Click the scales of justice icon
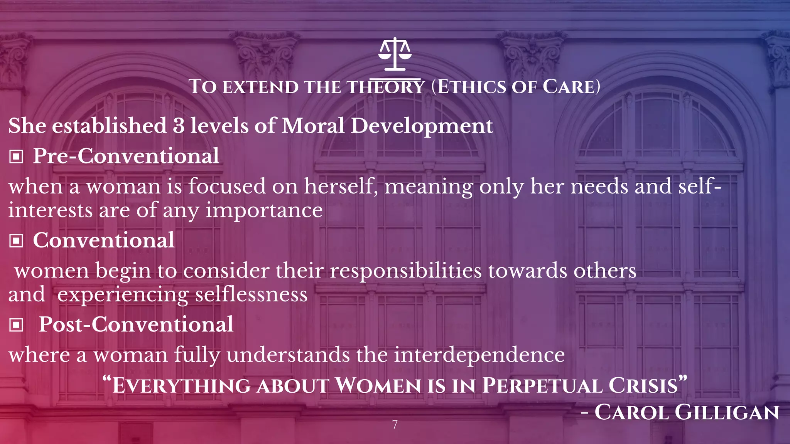coord(395,54)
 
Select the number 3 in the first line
coord(179,126)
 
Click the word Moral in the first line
coord(313,126)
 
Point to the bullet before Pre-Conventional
coord(16,157)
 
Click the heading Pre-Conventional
coord(126,156)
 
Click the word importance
coord(264,210)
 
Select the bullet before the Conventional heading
coord(16,241)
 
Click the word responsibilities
coord(405,271)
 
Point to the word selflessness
coord(251,295)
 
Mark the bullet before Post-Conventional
coord(16,325)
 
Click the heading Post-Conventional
coord(136,324)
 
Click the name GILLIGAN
coord(727,412)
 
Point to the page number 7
coord(395,424)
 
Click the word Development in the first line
coord(421,126)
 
